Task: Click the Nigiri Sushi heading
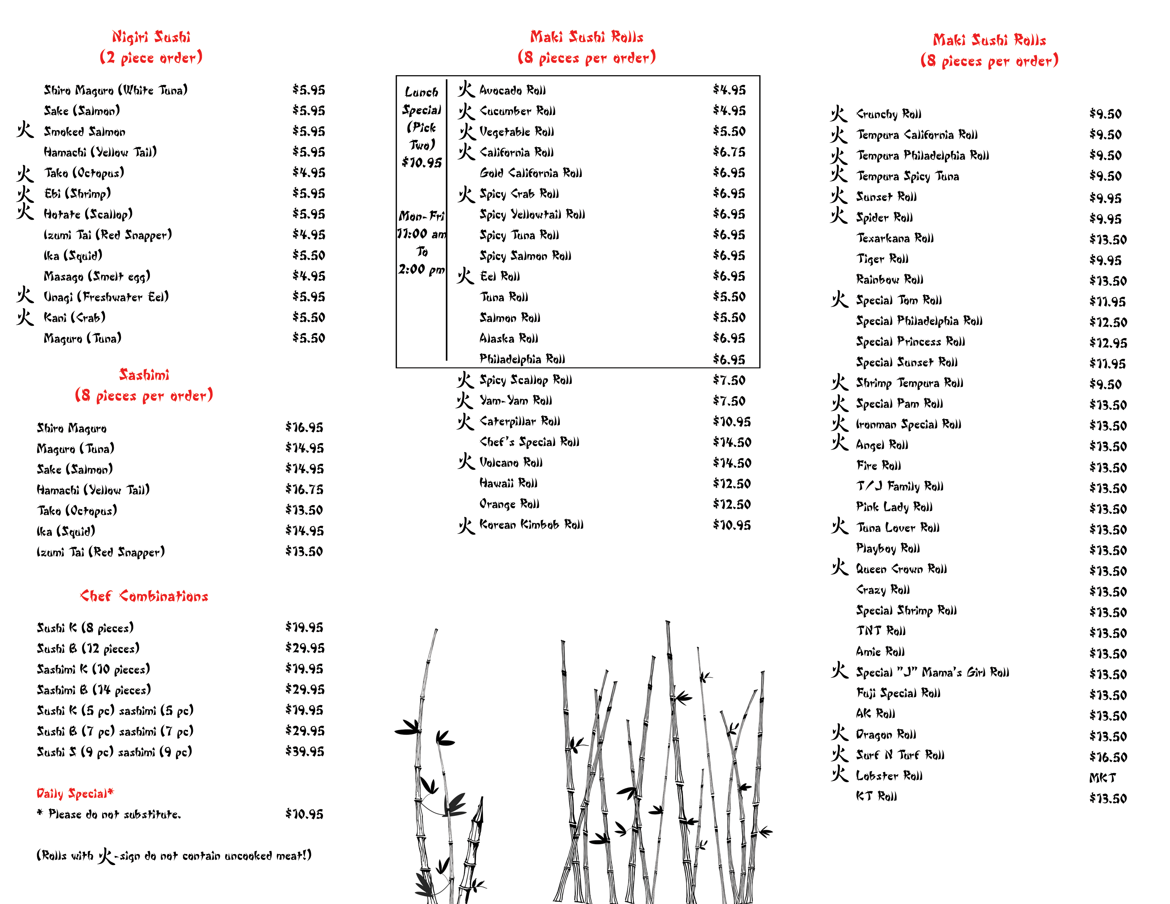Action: [151, 37]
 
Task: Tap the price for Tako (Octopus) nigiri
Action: [308, 172]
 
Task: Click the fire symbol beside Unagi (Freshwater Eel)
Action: [25, 295]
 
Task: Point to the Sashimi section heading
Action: [144, 375]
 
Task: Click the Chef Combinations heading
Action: [144, 596]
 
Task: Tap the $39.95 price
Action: [304, 751]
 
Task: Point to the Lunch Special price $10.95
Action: [422, 162]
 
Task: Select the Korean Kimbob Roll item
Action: [531, 525]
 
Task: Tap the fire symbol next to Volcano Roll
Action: [466, 462]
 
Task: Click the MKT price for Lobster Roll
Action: [1103, 777]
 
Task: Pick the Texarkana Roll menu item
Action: [895, 238]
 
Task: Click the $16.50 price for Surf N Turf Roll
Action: [1108, 757]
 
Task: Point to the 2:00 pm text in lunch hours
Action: [421, 269]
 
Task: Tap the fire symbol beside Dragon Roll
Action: [839, 733]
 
